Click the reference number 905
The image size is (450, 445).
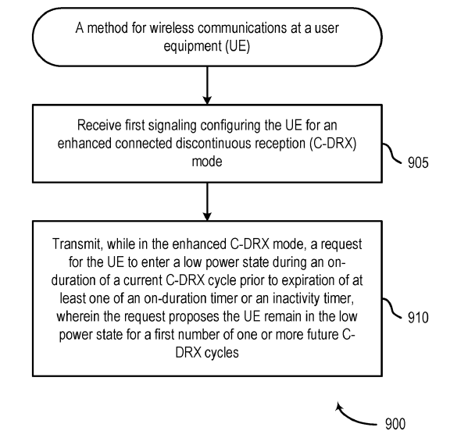[418, 162]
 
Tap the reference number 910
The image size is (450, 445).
[418, 318]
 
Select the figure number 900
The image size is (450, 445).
[395, 424]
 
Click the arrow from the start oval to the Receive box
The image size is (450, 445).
[207, 85]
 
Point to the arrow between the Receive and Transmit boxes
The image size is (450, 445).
[207, 201]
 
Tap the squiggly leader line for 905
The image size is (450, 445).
[392, 153]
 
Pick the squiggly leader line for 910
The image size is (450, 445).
[392, 308]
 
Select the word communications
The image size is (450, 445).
[242, 28]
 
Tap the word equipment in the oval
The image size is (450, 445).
[192, 46]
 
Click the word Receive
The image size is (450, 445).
[99, 125]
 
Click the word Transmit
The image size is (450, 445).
[77, 244]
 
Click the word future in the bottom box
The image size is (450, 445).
[323, 335]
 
